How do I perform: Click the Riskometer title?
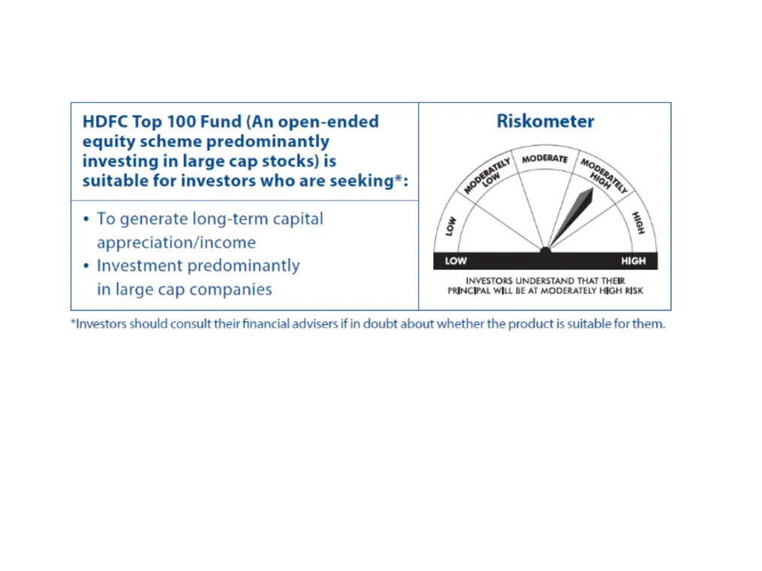545,122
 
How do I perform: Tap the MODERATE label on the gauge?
545,159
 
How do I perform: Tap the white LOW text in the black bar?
456,261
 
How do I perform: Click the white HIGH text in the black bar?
633,261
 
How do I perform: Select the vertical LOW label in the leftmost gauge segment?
451,226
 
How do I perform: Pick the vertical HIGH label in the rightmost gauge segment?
639,223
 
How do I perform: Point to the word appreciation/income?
176,243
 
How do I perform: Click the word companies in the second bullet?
235,290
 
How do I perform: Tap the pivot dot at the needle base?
546,248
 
